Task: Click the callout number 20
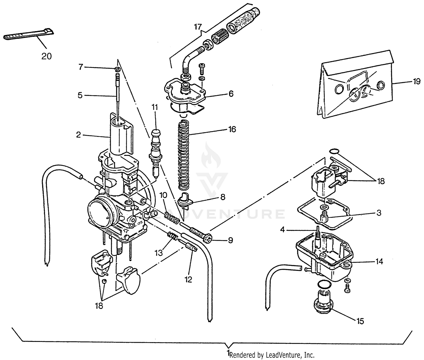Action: pyautogui.click(x=47, y=56)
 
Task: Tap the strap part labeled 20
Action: pyautogui.click(x=28, y=35)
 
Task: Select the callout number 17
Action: pyautogui.click(x=198, y=27)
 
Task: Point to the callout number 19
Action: pyautogui.click(x=416, y=82)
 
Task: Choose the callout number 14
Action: pyautogui.click(x=379, y=262)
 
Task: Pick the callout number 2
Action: pyautogui.click(x=78, y=135)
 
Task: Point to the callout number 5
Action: pyautogui.click(x=80, y=95)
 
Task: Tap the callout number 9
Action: pyautogui.click(x=230, y=240)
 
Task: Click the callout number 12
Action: pyautogui.click(x=188, y=280)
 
